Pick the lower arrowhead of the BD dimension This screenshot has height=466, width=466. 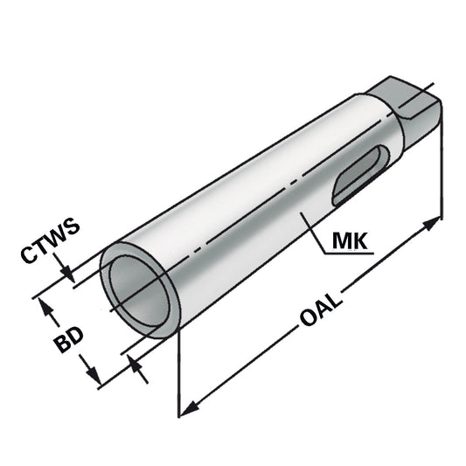pyautogui.click(x=94, y=376)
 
